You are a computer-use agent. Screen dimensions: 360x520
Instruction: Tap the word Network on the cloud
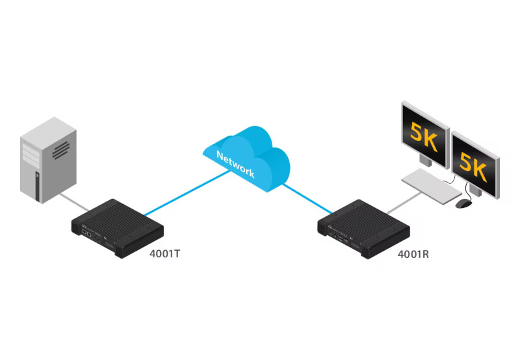tap(235, 164)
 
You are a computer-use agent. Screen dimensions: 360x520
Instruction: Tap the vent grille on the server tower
tap(60, 149)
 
